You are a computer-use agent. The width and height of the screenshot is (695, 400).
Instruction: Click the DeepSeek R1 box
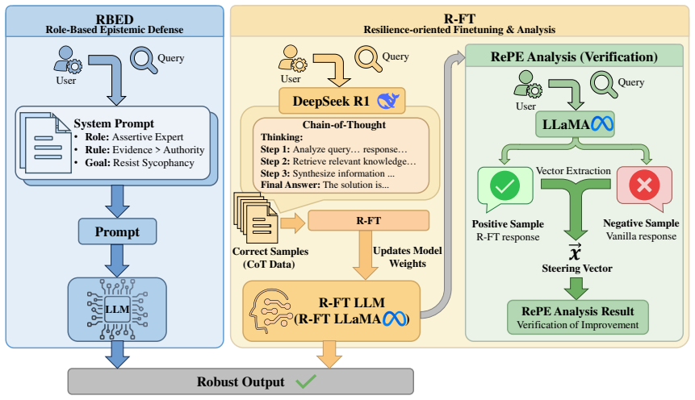(x=341, y=101)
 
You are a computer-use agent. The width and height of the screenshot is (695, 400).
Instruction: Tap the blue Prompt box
(x=118, y=231)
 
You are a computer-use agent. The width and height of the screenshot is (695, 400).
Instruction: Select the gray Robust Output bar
(x=241, y=381)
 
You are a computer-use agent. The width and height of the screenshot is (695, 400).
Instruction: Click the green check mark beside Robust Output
(x=306, y=381)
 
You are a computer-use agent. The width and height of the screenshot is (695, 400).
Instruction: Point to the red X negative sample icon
(x=644, y=185)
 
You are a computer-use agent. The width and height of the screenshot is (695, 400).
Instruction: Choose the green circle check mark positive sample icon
(x=505, y=185)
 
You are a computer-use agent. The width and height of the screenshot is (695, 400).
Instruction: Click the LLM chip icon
(x=118, y=309)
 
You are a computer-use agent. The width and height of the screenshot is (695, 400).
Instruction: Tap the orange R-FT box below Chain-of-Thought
(x=368, y=221)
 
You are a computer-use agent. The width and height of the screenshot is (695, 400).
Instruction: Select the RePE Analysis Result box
(x=577, y=317)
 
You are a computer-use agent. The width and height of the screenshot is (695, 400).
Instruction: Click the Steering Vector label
(x=576, y=268)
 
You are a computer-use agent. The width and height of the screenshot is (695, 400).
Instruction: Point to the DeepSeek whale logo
(x=388, y=101)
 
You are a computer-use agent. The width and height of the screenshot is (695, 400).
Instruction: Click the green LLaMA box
(x=575, y=124)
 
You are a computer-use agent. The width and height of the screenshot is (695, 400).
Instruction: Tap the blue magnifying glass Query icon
(x=144, y=60)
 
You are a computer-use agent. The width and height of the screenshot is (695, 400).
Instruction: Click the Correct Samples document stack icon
(x=255, y=218)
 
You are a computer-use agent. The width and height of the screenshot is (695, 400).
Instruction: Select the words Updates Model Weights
(x=408, y=257)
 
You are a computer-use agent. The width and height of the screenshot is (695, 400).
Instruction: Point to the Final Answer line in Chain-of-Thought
(x=324, y=185)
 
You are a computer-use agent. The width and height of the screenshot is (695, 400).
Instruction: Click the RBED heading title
(x=115, y=19)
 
